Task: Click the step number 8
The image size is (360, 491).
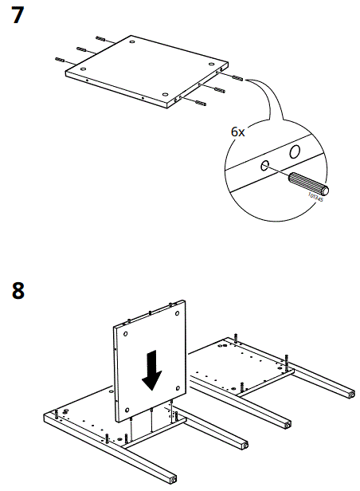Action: tap(17, 290)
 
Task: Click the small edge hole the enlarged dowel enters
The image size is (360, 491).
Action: tap(265, 166)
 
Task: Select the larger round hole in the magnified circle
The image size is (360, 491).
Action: tap(294, 151)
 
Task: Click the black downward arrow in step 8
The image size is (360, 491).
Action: tap(151, 371)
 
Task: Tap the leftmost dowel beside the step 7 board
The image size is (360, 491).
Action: tap(61, 59)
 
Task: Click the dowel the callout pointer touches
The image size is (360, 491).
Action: tap(237, 78)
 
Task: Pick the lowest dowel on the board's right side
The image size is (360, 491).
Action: tap(198, 104)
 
